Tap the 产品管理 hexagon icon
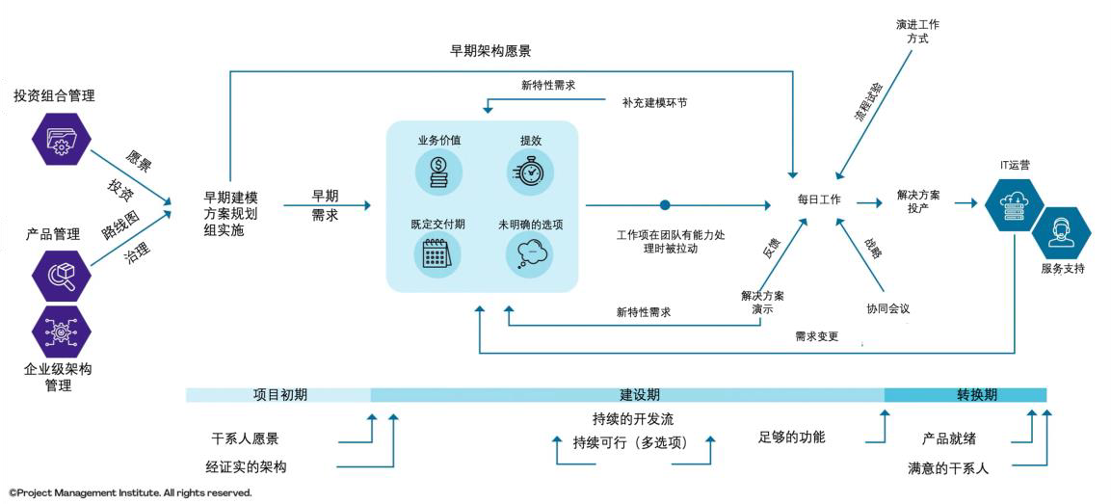click(x=61, y=276)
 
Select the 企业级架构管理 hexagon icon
click(x=61, y=330)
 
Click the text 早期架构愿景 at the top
click(x=490, y=51)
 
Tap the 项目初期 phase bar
click(x=280, y=395)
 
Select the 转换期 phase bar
click(x=965, y=395)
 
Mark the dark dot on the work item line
click(x=664, y=204)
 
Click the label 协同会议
click(x=887, y=309)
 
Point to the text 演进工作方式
click(x=917, y=31)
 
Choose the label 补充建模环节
click(x=654, y=101)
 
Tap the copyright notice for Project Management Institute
click(x=130, y=492)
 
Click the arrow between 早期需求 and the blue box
click(x=327, y=204)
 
